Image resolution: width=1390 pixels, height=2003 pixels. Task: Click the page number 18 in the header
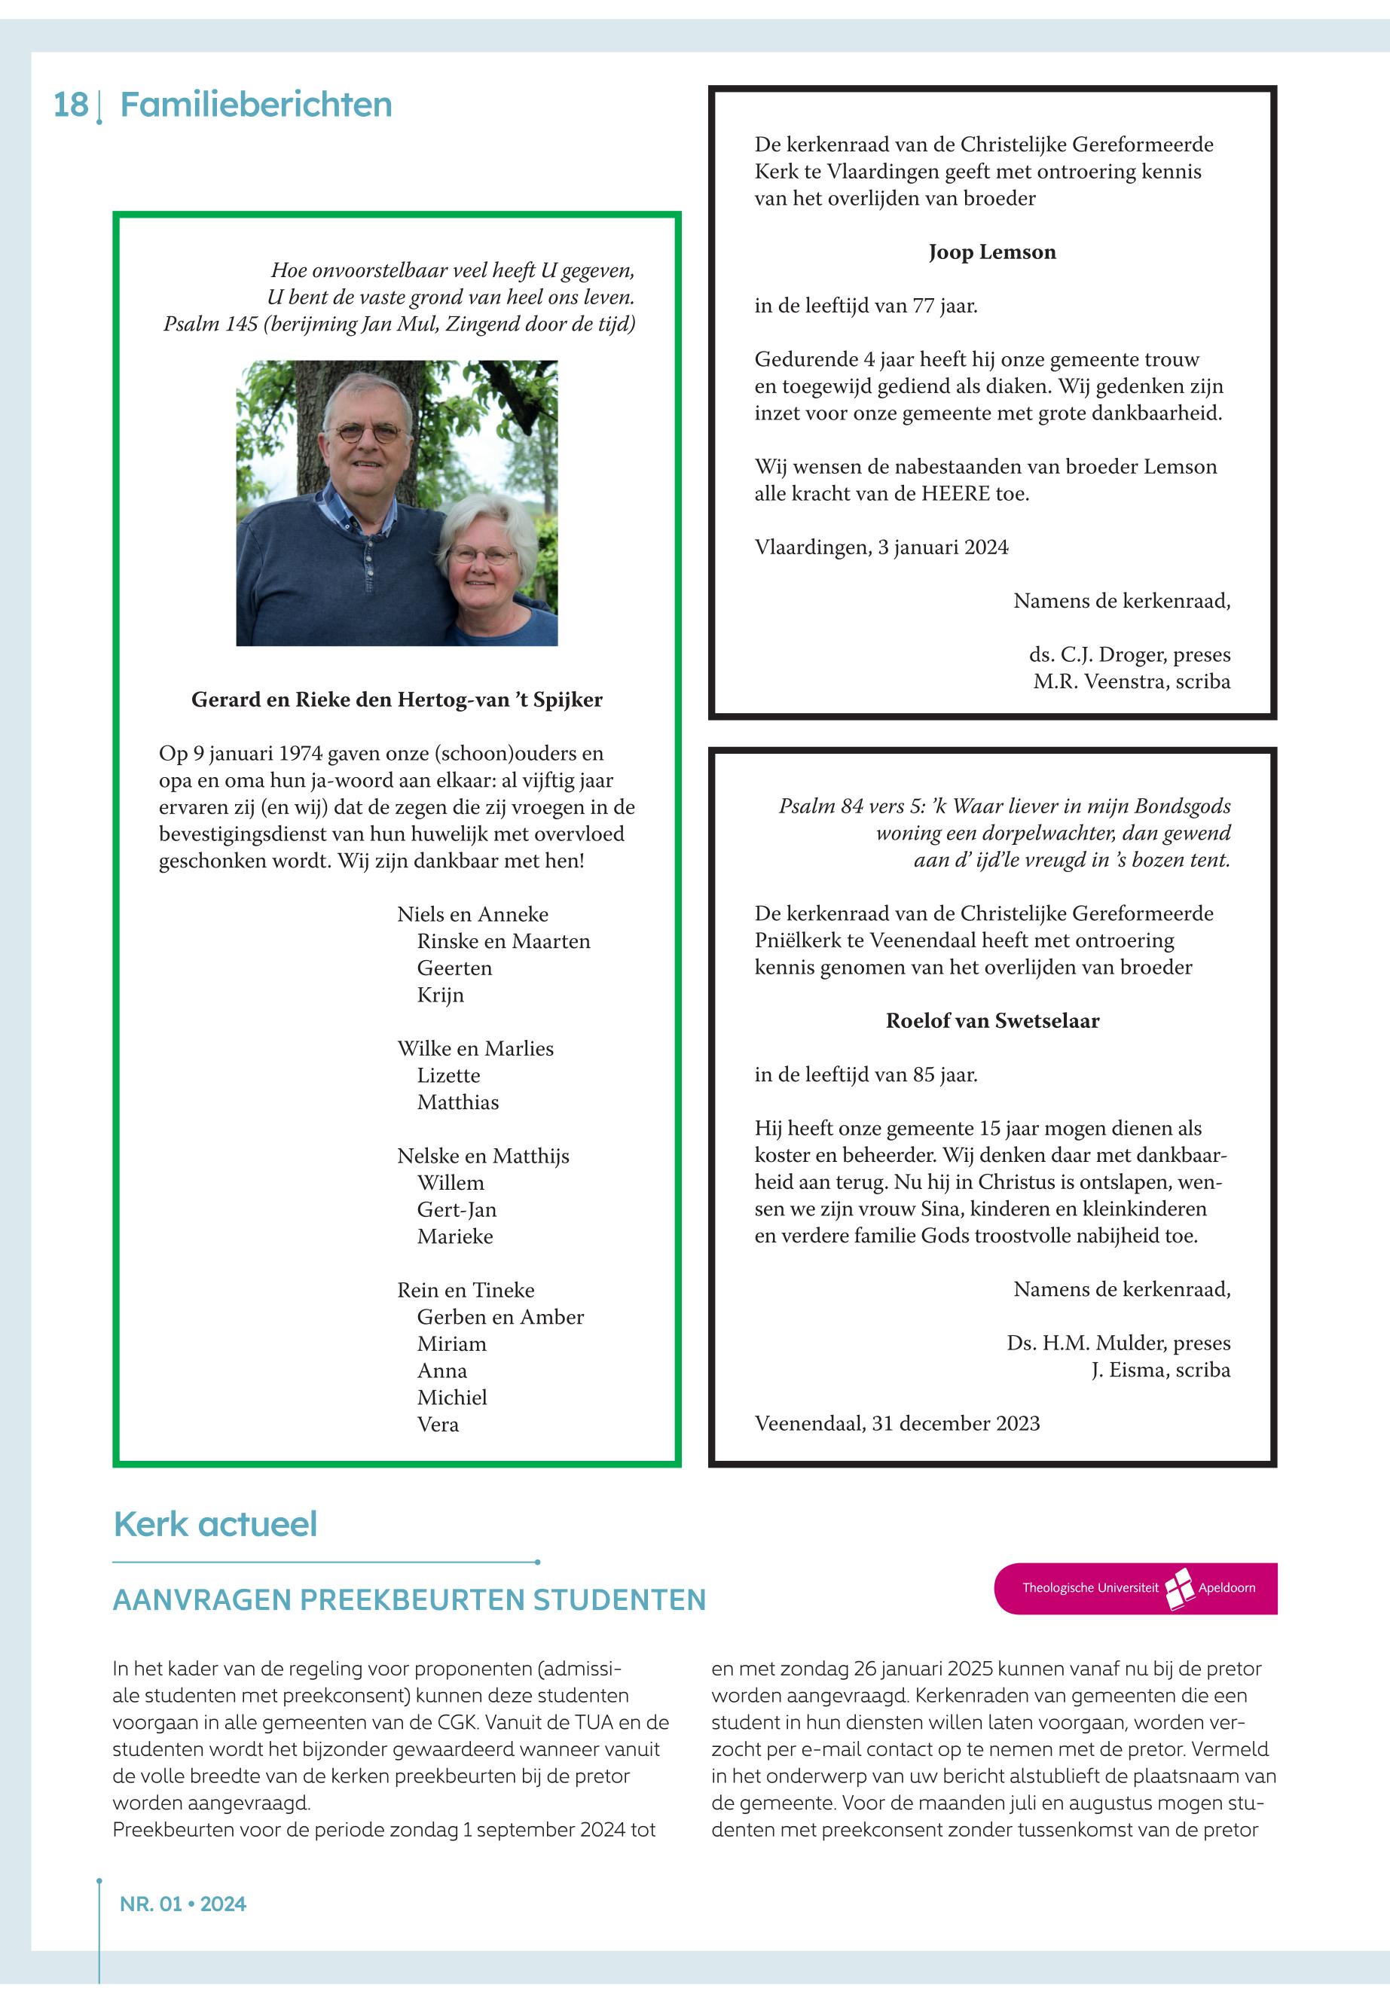tap(71, 105)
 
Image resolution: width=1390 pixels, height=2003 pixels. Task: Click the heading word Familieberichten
tap(255, 105)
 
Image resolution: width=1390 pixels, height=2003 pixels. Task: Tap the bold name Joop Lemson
tap(992, 252)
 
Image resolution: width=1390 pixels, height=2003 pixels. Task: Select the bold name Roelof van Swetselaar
tap(992, 1021)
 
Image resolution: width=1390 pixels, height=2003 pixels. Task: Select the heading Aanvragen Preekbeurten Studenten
tap(409, 1600)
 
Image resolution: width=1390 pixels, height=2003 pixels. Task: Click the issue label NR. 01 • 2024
tap(183, 1904)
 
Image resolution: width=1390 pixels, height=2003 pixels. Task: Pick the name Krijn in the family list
tap(440, 995)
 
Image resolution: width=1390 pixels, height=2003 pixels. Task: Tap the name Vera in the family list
tap(437, 1424)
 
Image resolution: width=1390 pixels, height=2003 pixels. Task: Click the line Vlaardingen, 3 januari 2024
tap(881, 547)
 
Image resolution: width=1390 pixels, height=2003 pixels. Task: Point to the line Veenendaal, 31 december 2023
tap(897, 1423)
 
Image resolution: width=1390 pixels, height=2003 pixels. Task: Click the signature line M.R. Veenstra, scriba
tap(1132, 681)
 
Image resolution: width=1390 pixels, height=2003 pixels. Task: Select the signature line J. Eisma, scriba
tap(1160, 1370)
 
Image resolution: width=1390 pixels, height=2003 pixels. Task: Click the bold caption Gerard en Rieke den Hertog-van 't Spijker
tap(396, 700)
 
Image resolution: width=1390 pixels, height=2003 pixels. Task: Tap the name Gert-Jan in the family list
tap(457, 1210)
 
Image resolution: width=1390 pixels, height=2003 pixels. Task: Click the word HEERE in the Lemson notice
tap(955, 493)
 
